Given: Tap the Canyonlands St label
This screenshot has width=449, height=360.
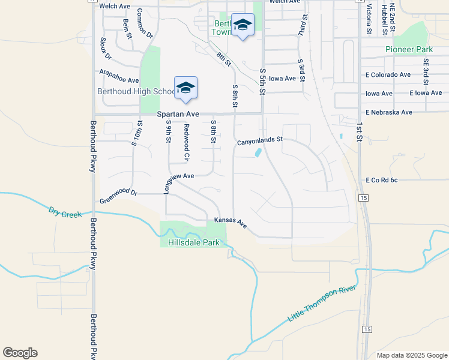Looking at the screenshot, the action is click(x=259, y=141).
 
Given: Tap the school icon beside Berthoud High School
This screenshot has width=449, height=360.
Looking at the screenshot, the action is click(x=185, y=88).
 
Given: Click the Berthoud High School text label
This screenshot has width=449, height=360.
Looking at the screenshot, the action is click(x=136, y=91).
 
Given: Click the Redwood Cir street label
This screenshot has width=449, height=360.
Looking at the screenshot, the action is click(x=187, y=143).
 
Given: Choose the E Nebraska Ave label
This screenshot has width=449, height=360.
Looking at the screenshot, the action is click(x=388, y=112).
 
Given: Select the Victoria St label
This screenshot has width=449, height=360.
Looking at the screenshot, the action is click(x=369, y=18).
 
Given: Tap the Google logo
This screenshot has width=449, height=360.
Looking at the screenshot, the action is click(x=20, y=353).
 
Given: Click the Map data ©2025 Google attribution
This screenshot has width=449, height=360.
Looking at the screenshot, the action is click(x=411, y=355).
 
